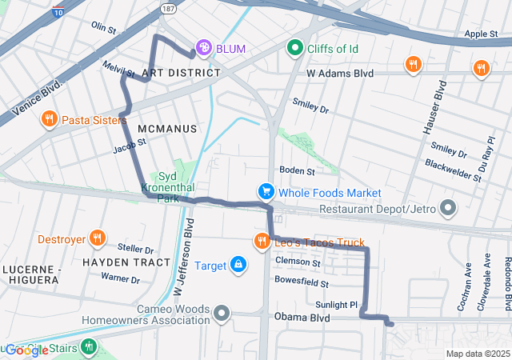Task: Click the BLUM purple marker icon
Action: [205, 49]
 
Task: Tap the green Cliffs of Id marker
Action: [296, 49]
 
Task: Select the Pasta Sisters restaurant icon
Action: [49, 120]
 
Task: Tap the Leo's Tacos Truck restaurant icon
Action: [262, 242]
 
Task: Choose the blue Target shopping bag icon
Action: [238, 264]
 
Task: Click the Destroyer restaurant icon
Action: [97, 238]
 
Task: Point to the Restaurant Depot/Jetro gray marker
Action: [447, 209]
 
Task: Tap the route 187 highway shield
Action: [167, 8]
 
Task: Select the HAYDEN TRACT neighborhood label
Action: [126, 262]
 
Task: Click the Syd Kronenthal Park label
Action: [166, 187]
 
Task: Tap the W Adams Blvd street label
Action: [340, 73]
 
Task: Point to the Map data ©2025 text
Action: [477, 354]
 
